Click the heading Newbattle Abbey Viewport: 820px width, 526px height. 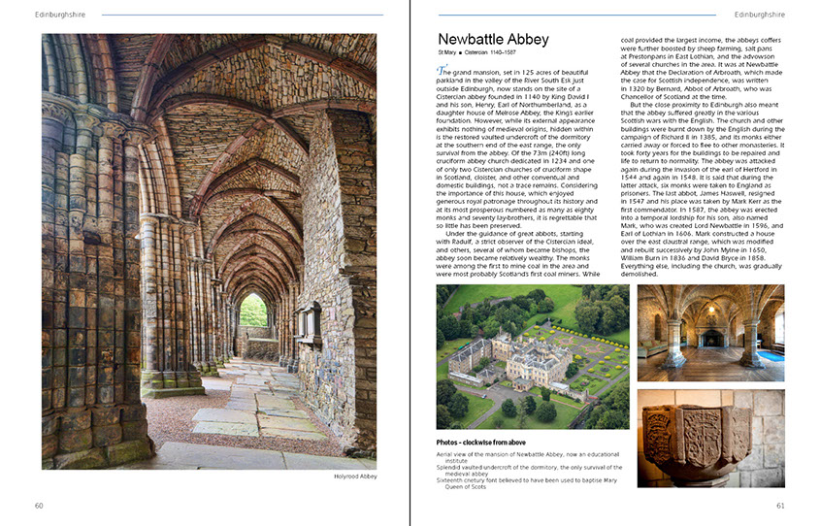point(493,40)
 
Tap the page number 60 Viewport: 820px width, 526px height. point(39,505)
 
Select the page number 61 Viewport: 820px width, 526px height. point(780,505)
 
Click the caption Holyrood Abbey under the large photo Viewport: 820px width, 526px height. point(354,476)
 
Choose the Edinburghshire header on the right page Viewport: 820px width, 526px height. point(760,15)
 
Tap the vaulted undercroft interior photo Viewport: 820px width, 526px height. point(711,332)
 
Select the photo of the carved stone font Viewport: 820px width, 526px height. point(711,438)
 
